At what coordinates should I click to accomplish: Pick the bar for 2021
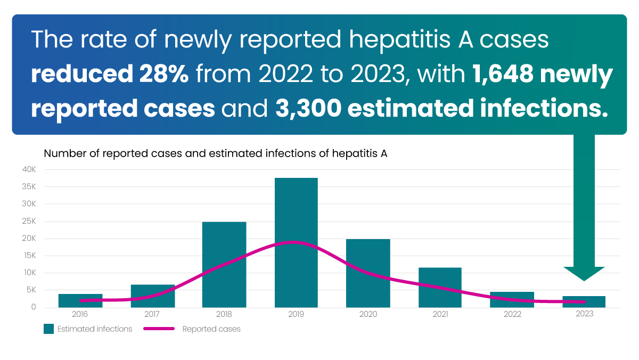440,287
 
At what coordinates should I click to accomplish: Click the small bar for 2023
584,301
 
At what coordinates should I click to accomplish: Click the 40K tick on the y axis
29,169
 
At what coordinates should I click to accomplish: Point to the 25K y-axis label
29,221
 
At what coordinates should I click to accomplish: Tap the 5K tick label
30,290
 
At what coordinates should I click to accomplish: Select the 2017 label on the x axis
152,314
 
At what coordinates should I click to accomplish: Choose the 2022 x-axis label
512,314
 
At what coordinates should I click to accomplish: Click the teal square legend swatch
49,329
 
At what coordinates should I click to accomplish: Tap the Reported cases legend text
211,329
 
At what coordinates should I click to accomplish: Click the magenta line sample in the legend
159,329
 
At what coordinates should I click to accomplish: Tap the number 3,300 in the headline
306,109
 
